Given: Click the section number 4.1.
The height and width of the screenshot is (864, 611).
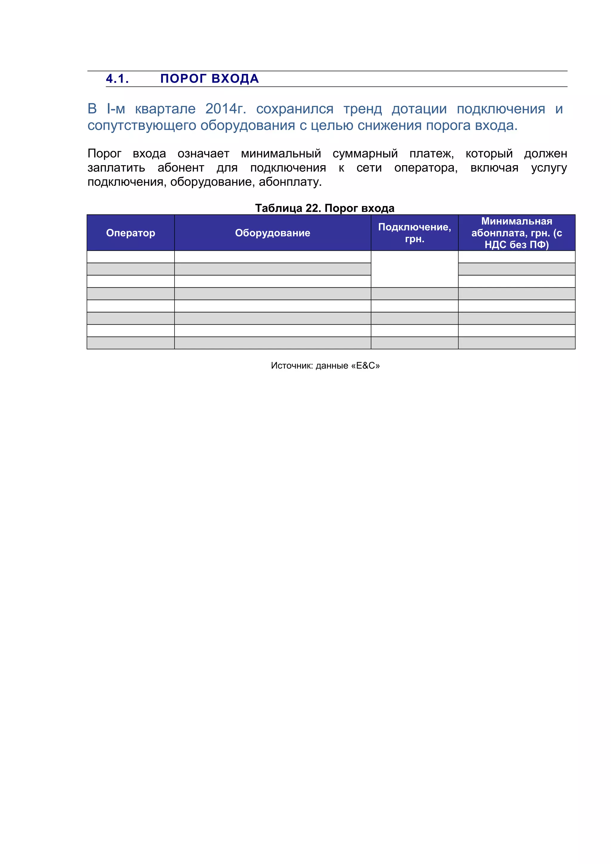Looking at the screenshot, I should pyautogui.click(x=117, y=79).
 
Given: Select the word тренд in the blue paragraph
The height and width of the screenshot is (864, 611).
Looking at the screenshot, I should pyautogui.click(x=362, y=109).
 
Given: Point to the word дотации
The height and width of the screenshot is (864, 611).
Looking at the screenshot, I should pyautogui.click(x=419, y=109).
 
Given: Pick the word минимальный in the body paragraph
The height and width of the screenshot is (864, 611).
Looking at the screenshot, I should pyautogui.click(x=281, y=154).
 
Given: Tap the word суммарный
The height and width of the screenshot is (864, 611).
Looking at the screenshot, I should pyautogui.click(x=365, y=154).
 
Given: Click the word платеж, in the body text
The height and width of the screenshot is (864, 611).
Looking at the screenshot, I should pyautogui.click(x=431, y=154).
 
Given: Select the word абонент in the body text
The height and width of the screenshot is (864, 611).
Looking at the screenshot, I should pyautogui.click(x=181, y=168).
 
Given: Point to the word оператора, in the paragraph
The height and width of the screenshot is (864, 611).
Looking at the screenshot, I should pyautogui.click(x=426, y=168).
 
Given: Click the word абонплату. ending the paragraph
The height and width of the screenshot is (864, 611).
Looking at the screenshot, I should pyautogui.click(x=290, y=182).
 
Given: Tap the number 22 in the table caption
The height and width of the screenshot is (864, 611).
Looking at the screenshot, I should pyautogui.click(x=312, y=208).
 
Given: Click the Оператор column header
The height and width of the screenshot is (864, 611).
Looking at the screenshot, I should pyautogui.click(x=130, y=233).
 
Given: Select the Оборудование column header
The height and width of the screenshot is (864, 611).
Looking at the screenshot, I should pyautogui.click(x=273, y=233).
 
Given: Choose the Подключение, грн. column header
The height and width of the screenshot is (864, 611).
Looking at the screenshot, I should pyautogui.click(x=414, y=233).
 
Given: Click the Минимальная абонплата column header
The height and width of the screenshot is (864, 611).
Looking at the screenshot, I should pyautogui.click(x=516, y=233).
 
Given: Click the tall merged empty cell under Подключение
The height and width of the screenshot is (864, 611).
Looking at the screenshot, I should pyautogui.click(x=414, y=269).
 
